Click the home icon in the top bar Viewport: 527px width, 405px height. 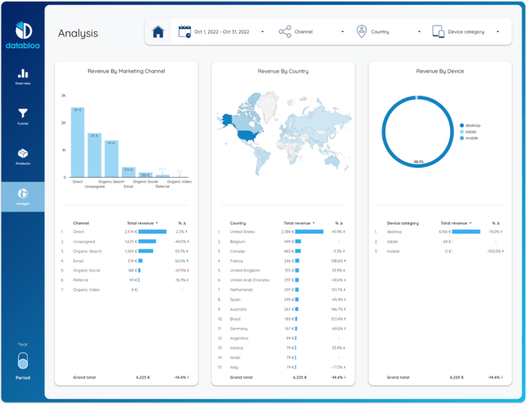pos(158,32)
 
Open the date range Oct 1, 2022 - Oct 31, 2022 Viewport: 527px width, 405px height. pos(221,32)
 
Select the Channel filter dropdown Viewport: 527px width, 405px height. pos(311,32)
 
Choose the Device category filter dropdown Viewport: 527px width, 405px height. pos(466,32)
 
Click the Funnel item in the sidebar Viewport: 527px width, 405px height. pos(23,116)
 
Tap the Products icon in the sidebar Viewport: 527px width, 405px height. pos(23,154)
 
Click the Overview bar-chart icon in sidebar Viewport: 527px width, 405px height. pos(23,74)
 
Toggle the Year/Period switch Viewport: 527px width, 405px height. pos(23,361)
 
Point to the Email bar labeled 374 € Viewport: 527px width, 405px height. pos(128,172)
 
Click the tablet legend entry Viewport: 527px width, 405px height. pos(470,132)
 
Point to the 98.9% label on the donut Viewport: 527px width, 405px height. pos(418,162)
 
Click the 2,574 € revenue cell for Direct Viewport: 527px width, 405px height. pos(129,232)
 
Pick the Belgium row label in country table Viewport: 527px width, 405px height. pos(237,242)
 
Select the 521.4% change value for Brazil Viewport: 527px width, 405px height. pos(338,319)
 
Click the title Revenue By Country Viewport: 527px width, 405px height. pos(283,71)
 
